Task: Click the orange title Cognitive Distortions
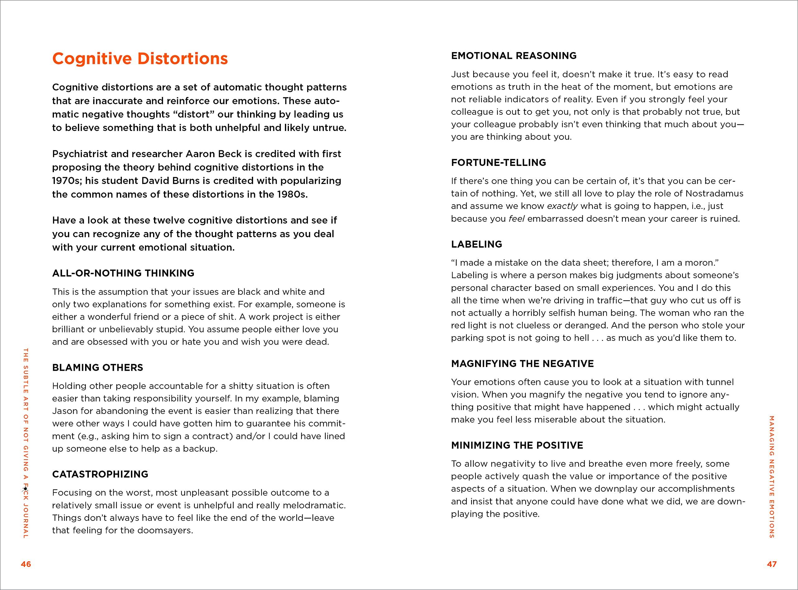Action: [x=140, y=59]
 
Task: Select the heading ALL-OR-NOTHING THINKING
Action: [x=123, y=273]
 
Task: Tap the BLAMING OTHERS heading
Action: [x=98, y=367]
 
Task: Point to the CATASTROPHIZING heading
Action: [x=100, y=474]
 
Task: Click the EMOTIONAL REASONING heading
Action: [x=514, y=56]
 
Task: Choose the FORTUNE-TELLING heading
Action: [x=498, y=162]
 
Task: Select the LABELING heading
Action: [x=476, y=244]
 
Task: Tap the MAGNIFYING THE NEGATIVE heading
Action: [x=522, y=364]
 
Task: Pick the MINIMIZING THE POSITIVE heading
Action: [x=517, y=445]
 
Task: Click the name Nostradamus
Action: [x=714, y=194]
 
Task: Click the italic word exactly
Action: [x=562, y=206]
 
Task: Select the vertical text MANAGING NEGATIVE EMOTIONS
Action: [x=772, y=477]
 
